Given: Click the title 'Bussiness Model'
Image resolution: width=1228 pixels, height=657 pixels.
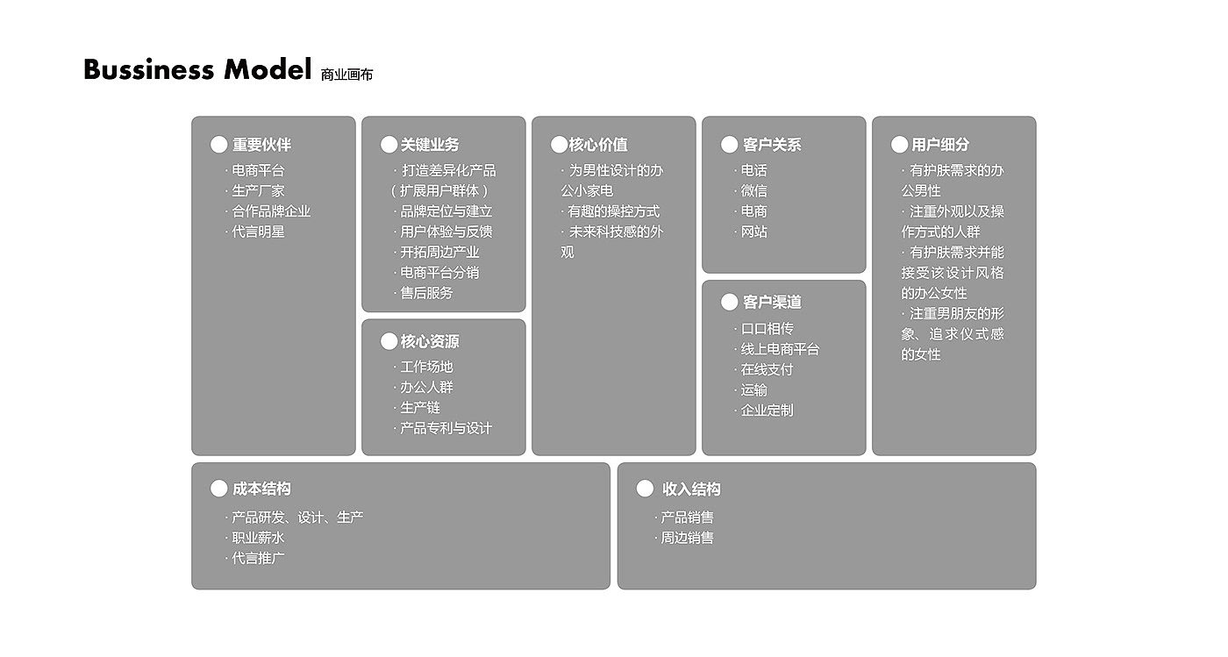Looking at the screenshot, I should [197, 69].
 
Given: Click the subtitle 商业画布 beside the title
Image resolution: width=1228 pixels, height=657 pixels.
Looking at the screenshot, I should [346, 75].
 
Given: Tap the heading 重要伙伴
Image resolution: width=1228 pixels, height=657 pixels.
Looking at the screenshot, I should [261, 145].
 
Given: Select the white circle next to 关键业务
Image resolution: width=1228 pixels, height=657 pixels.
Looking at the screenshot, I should [389, 145].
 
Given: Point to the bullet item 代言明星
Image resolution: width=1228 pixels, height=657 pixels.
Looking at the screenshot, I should [258, 232].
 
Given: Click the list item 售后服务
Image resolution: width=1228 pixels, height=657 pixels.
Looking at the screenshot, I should [426, 293].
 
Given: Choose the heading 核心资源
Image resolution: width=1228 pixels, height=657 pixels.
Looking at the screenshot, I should [430, 341].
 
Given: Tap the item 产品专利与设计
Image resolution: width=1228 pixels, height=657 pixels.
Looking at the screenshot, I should [446, 428].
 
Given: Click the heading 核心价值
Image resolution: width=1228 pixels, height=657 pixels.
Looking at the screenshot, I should [598, 145].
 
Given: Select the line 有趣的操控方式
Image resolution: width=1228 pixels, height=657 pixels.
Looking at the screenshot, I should [613, 211].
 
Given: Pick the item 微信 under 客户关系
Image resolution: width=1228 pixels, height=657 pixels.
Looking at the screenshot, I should [753, 190].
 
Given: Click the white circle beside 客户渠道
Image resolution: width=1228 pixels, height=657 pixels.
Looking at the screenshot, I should [729, 302].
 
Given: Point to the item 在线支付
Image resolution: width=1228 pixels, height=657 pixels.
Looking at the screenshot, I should [767, 369].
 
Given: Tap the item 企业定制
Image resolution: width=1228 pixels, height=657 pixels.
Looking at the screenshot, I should [767, 410].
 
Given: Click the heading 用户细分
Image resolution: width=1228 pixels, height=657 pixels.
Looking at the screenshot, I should [940, 145].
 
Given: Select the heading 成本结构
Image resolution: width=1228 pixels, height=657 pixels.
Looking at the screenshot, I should [261, 489].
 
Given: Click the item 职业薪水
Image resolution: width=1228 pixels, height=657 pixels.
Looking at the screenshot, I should [258, 538].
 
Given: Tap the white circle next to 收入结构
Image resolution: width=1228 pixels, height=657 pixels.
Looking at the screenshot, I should [645, 489].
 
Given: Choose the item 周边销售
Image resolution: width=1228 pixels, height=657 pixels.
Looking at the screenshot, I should [687, 538].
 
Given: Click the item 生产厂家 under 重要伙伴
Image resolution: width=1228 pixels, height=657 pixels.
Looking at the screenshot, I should [258, 190].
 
